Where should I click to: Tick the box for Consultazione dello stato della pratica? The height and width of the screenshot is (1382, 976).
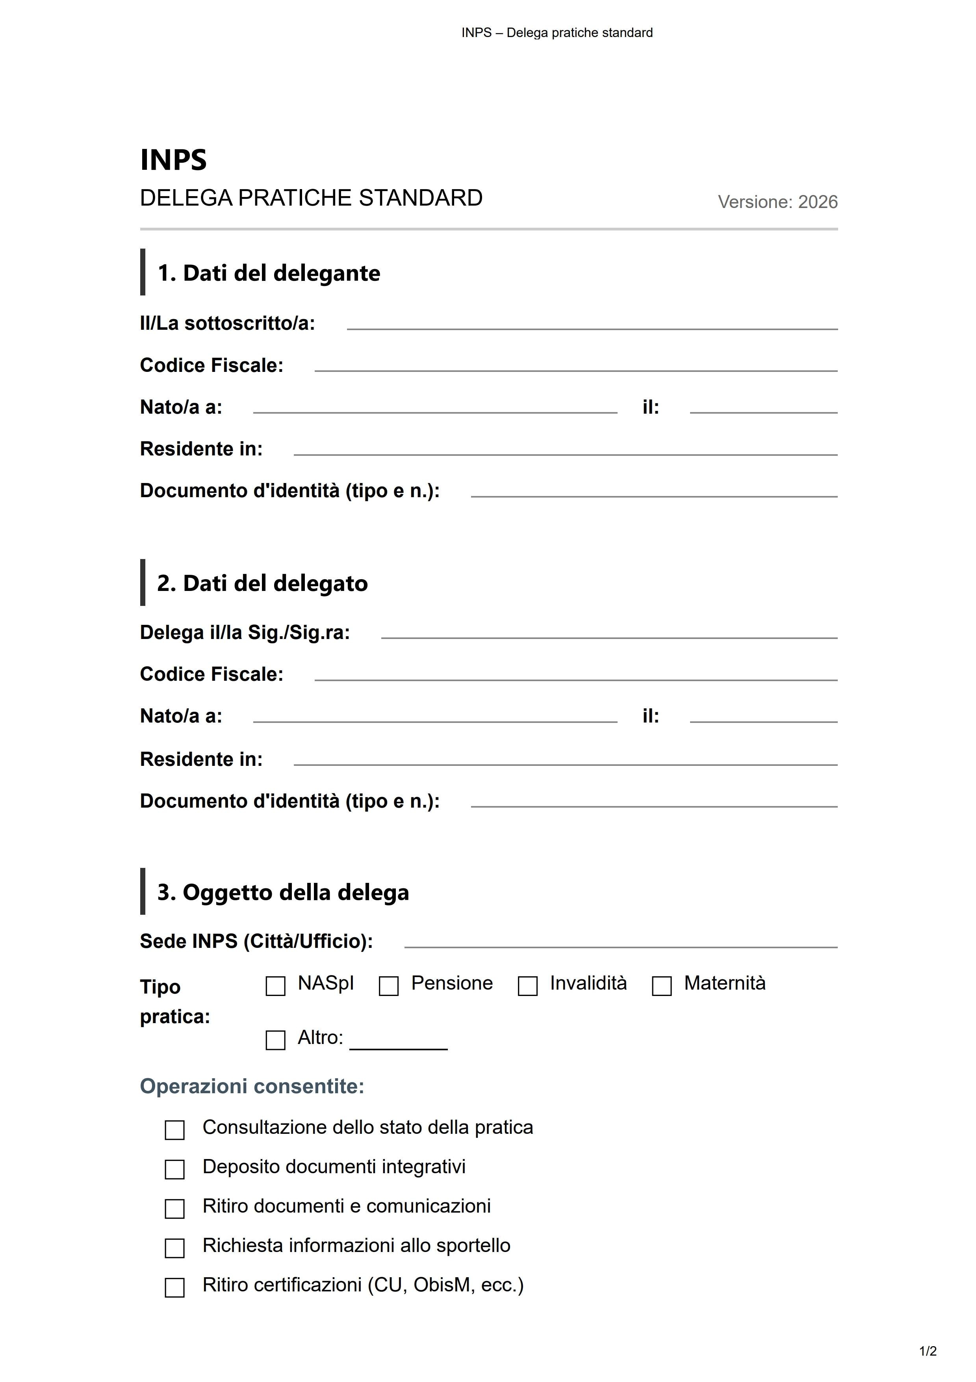pyautogui.click(x=174, y=1130)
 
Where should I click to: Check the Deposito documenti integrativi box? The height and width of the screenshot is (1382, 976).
pyautogui.click(x=174, y=1170)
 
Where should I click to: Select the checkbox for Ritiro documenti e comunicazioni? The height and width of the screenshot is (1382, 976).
pyautogui.click(x=174, y=1209)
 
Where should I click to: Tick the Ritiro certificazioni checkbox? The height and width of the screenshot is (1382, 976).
pyautogui.click(x=174, y=1287)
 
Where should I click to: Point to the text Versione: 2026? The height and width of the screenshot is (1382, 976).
pyautogui.click(x=777, y=202)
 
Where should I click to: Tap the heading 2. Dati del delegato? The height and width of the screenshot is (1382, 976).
pyautogui.click(x=262, y=583)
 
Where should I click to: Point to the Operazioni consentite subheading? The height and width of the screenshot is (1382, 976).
pyautogui.click(x=252, y=1087)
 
